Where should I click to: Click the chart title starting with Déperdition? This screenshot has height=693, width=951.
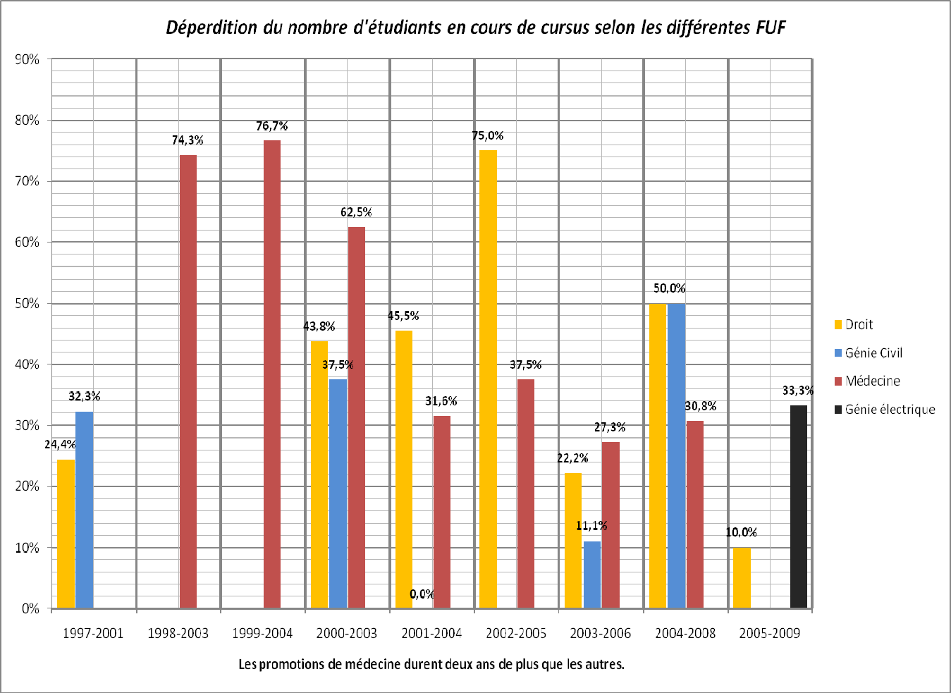click(475, 27)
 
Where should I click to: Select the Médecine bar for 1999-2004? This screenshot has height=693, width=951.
click(272, 374)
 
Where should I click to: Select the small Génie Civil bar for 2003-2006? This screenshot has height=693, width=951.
click(591, 574)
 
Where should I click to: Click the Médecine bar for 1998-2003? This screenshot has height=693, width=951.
click(188, 381)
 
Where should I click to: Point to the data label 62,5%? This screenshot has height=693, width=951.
click(356, 212)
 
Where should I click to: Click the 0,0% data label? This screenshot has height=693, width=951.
click(422, 594)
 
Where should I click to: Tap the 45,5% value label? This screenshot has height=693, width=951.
click(403, 316)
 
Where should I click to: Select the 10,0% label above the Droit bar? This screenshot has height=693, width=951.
click(741, 532)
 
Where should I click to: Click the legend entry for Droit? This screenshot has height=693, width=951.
click(859, 324)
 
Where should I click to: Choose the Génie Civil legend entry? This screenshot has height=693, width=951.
click(873, 353)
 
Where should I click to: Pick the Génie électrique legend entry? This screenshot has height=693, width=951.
click(890, 410)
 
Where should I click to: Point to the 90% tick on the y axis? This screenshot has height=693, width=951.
click(27, 60)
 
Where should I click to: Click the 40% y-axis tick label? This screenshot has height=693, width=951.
click(27, 364)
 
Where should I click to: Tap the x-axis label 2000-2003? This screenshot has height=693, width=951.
click(346, 633)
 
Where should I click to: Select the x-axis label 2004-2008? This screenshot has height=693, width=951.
click(685, 633)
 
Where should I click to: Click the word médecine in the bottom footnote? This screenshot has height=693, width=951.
click(372, 664)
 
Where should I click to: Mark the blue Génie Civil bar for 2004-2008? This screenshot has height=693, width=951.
click(676, 455)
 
